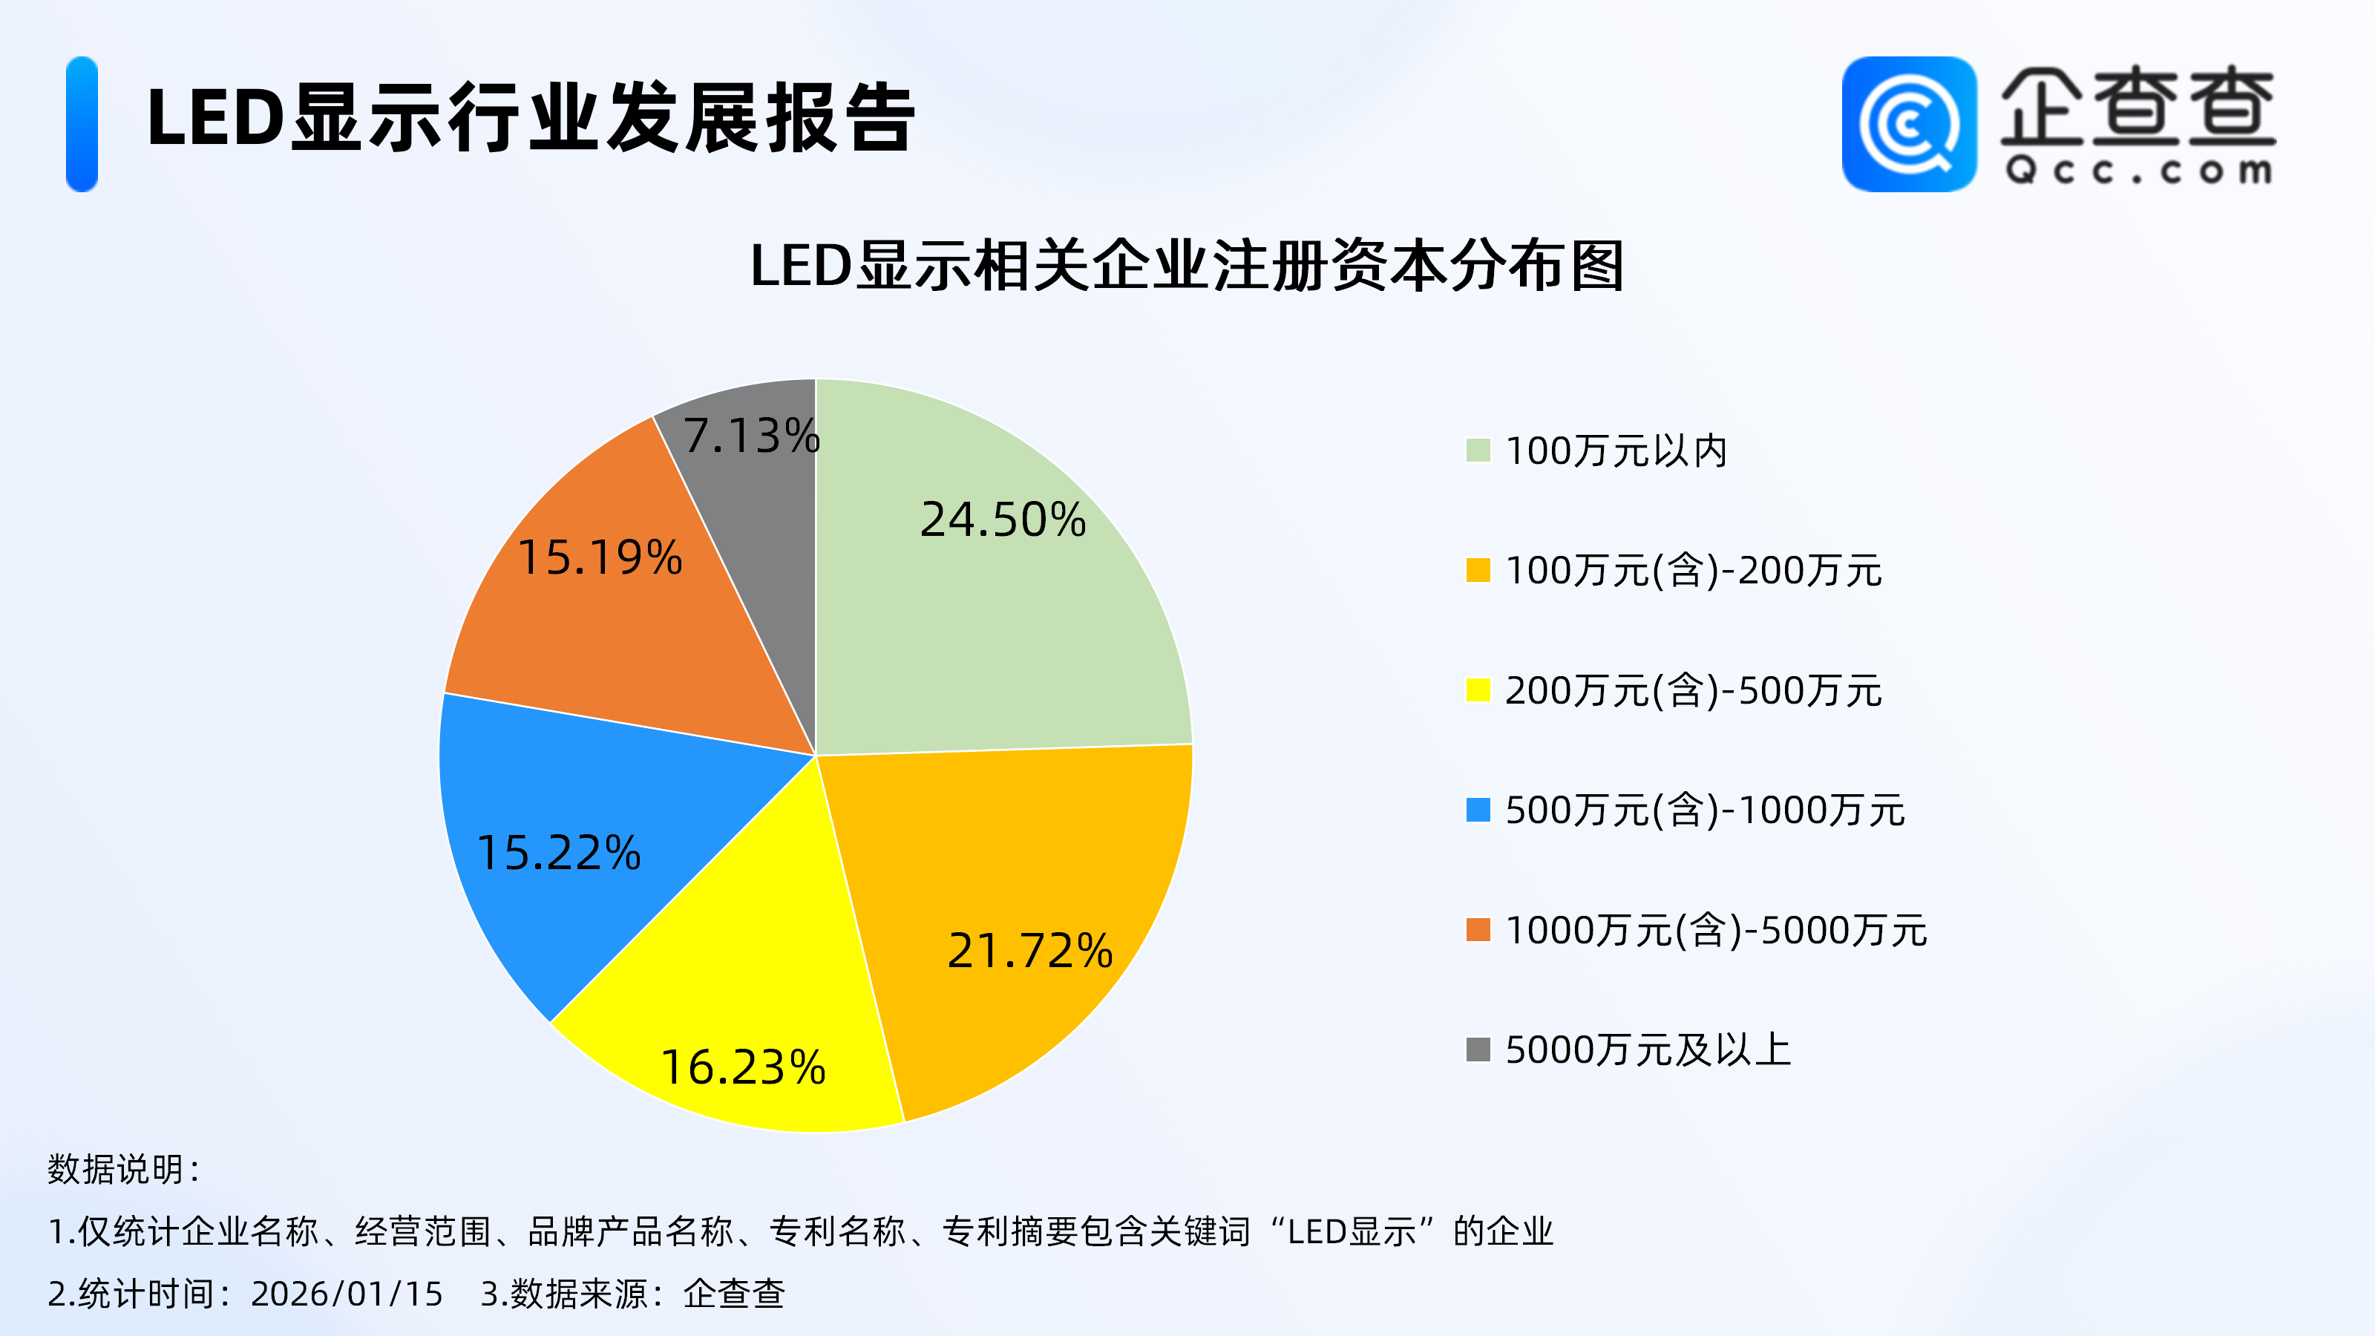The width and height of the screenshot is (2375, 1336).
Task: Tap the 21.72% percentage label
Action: coord(1030,951)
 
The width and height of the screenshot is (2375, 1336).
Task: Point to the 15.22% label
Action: coord(559,852)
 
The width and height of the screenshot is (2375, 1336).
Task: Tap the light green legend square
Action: coord(1478,451)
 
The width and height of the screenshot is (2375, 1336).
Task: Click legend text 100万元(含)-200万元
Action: coord(1693,571)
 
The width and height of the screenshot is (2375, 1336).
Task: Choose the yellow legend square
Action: coord(1478,690)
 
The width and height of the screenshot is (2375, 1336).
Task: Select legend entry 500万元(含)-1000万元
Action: coord(1704,811)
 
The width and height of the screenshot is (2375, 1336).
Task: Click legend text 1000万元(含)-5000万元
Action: coord(1715,930)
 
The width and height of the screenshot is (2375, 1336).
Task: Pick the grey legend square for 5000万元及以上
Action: coord(1478,1050)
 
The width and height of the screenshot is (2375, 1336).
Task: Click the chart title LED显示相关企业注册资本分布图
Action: coord(1187,266)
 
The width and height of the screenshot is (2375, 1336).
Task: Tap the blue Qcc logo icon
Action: coord(1908,125)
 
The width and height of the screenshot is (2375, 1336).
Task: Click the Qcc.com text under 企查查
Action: coord(2137,171)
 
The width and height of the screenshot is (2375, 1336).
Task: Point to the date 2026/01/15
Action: coord(347,1294)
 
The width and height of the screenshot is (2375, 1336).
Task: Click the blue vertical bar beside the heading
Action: coord(82,125)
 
